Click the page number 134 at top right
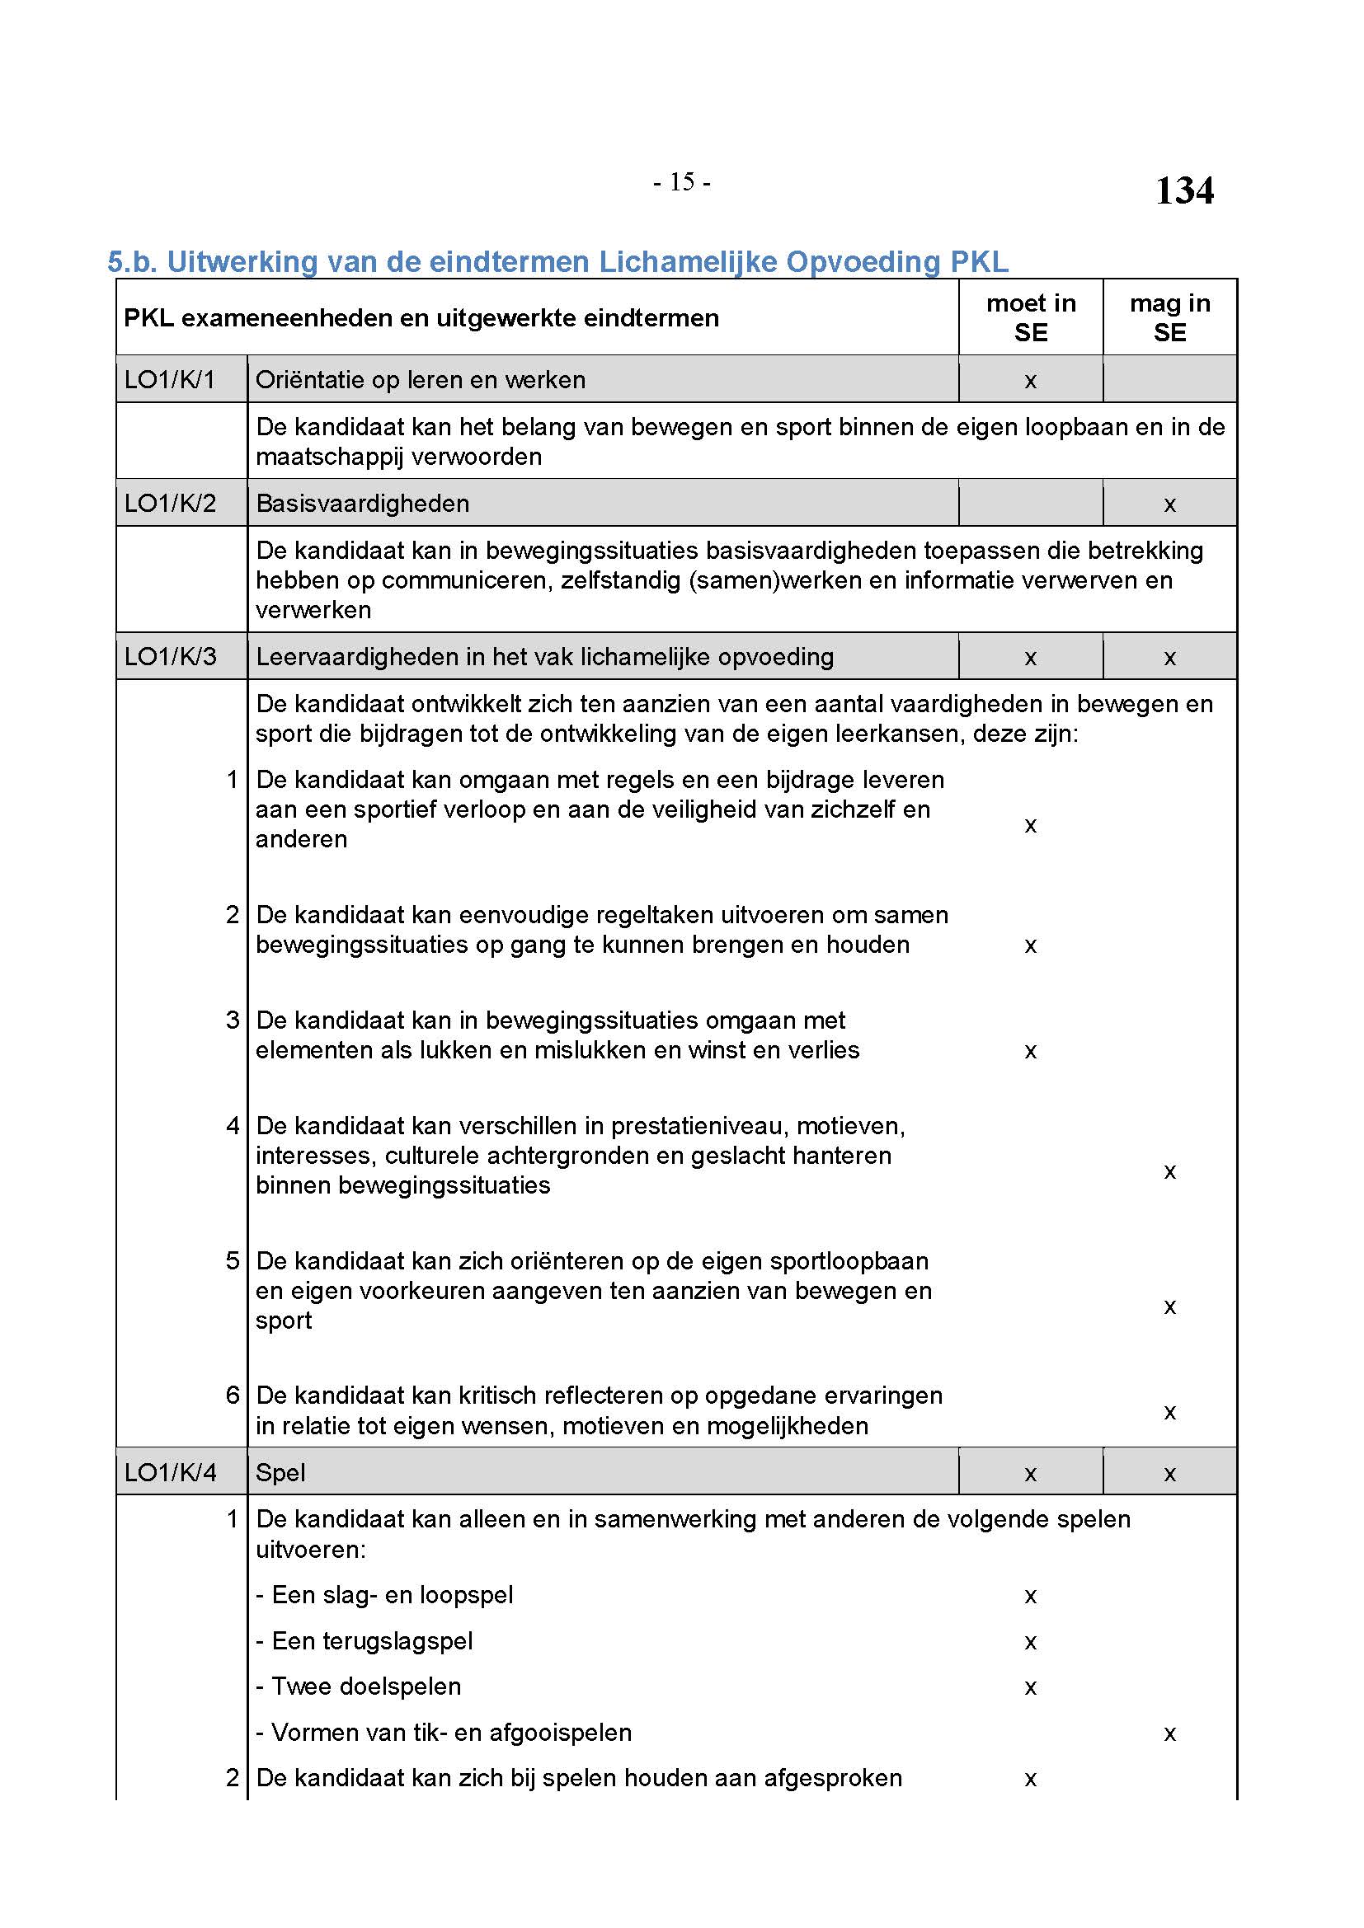[1183, 190]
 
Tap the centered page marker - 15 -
[681, 181]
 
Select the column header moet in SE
[1031, 317]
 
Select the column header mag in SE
[1169, 317]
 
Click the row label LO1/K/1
[170, 379]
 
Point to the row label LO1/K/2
[170, 503]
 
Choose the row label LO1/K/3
[170, 656]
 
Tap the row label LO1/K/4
[170, 1472]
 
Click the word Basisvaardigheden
[362, 503]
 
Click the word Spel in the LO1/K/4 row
[280, 1472]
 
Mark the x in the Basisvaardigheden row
[1169, 504]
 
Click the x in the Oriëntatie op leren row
[1031, 382]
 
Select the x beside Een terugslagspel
[1031, 1643]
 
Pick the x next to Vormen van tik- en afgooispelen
[1169, 1734]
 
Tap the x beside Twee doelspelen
[1031, 1688]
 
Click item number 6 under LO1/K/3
[233, 1395]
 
